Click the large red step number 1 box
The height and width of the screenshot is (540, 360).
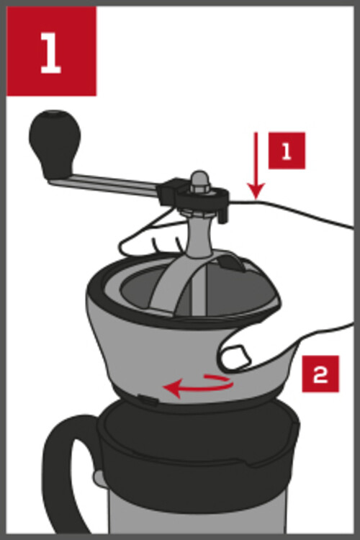pos(51,51)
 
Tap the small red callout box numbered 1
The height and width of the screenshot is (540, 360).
pos(287,150)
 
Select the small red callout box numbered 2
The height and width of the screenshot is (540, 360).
pos(320,374)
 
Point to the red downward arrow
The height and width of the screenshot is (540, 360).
pos(256,166)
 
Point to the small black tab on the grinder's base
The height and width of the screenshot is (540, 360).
pos(148,400)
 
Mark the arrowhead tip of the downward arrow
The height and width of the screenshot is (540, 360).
pos(256,199)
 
